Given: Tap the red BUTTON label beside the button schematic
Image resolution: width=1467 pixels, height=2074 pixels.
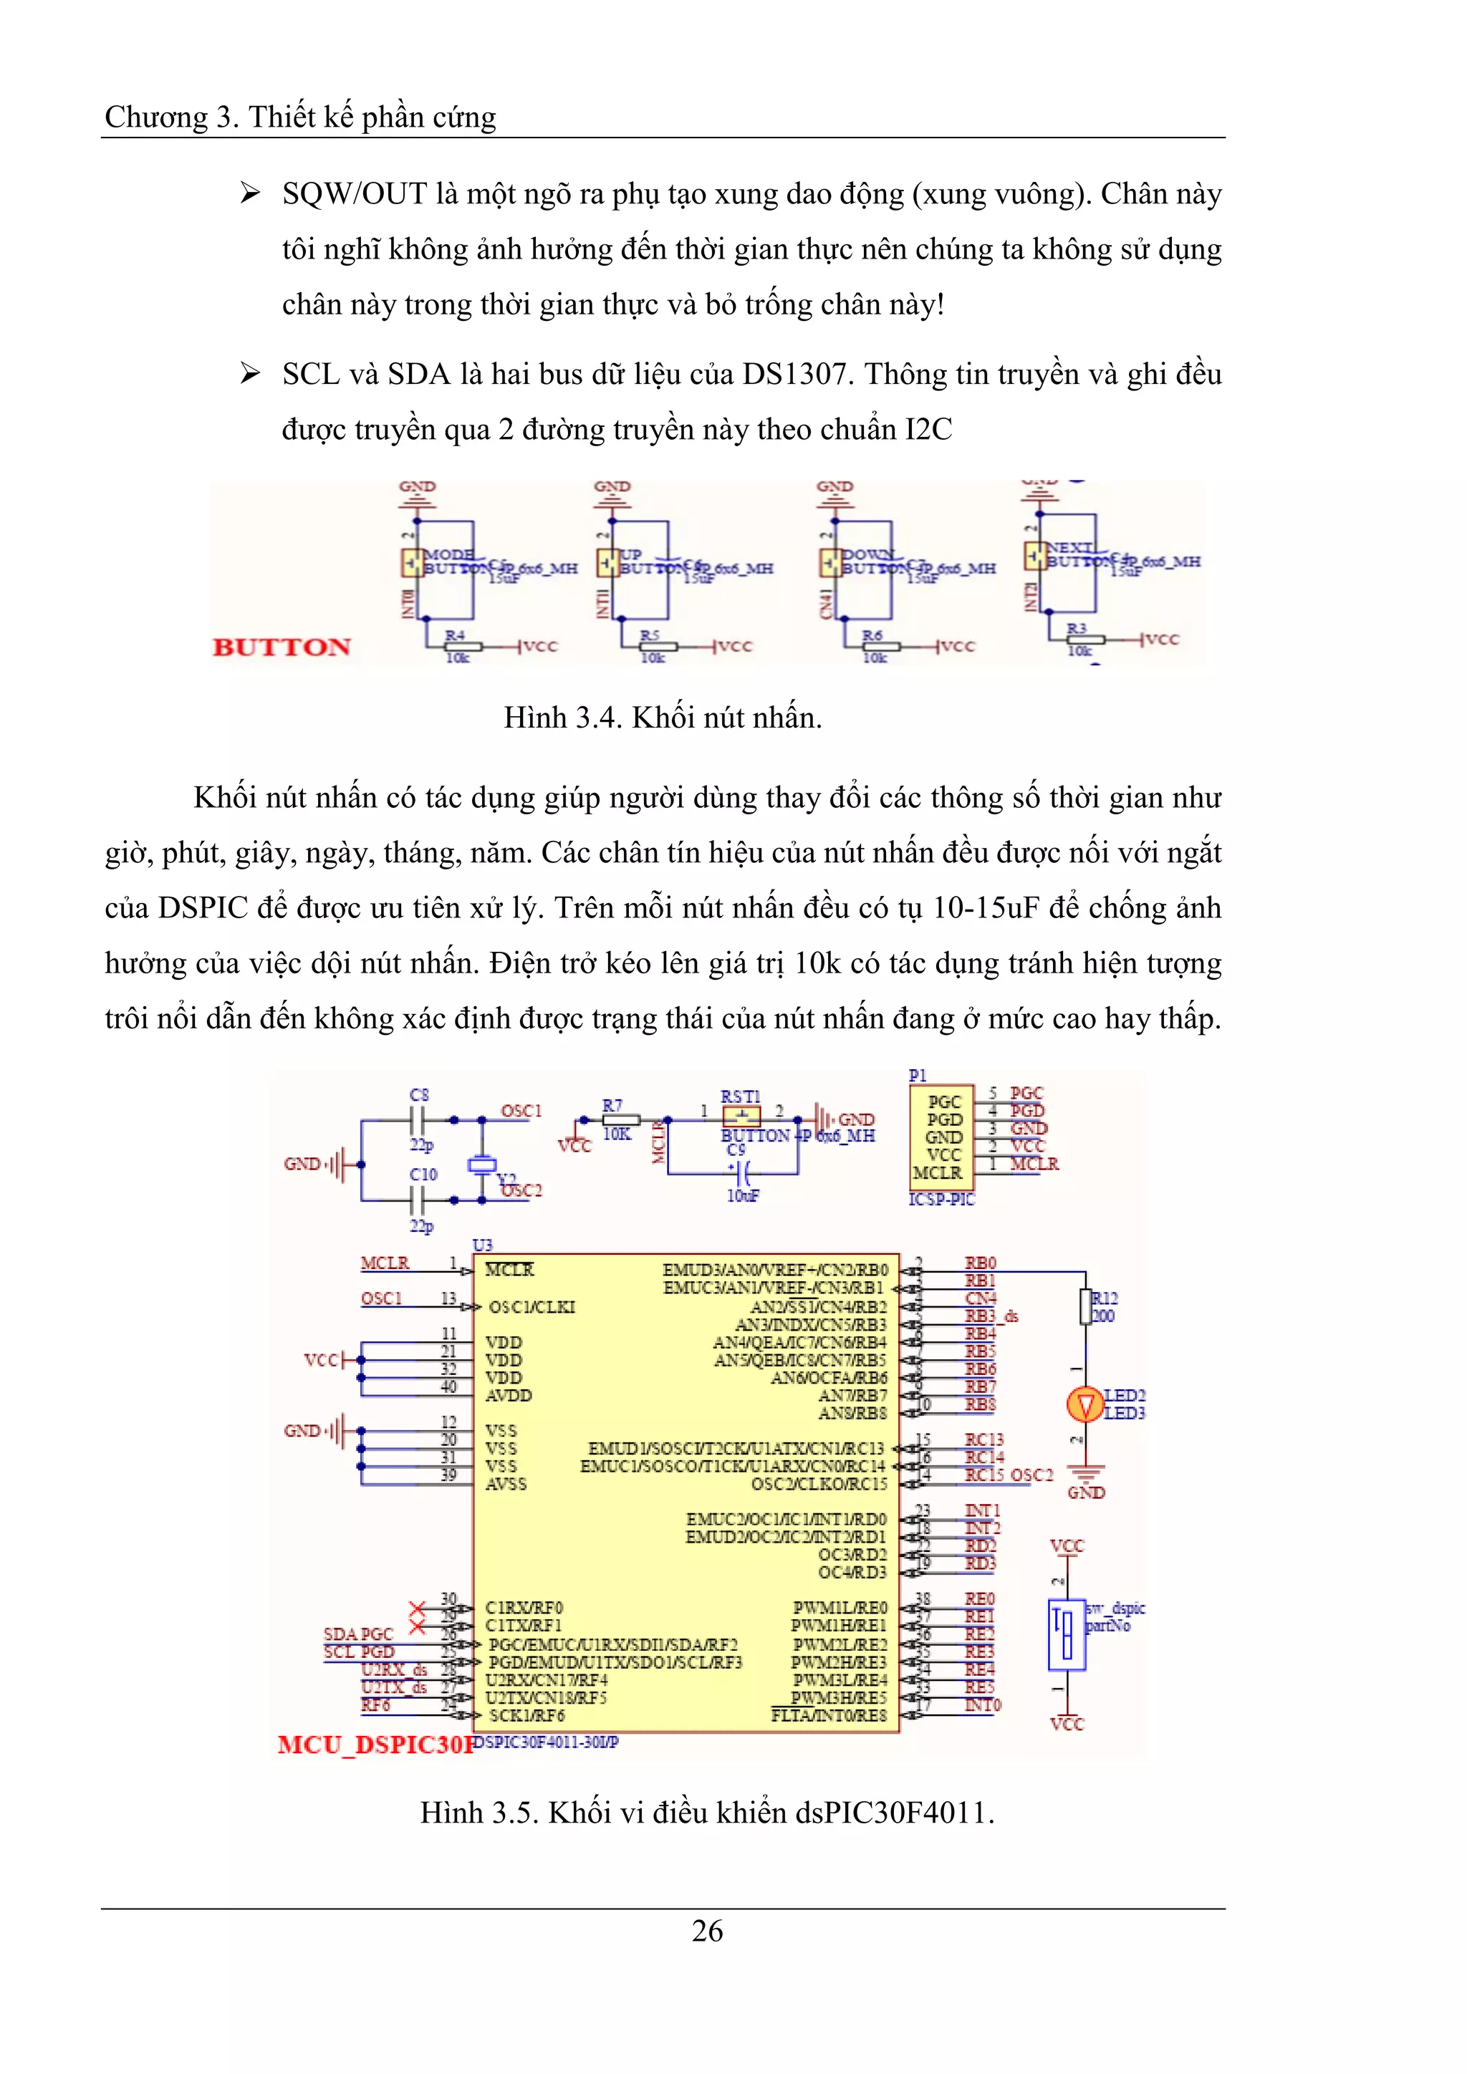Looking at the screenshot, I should (282, 647).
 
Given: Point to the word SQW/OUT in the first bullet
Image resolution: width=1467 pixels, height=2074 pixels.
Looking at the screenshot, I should (354, 193).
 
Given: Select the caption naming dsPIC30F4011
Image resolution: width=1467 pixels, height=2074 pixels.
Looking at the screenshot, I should (706, 1813).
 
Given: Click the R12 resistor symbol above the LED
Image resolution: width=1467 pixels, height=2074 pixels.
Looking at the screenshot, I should (1086, 1306).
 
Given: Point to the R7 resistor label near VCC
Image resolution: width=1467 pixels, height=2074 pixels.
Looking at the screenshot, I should (612, 1105).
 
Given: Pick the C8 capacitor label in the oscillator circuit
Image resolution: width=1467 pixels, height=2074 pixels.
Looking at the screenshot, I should (419, 1095).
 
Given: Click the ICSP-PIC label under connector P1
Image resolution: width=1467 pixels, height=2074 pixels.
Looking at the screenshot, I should (941, 1199).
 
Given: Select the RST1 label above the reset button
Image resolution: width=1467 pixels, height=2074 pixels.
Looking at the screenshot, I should (740, 1096).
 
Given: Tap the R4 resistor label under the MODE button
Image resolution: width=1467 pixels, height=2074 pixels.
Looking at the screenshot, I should (454, 636).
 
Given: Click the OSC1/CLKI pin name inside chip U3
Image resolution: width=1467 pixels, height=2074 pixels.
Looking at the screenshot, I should (532, 1307).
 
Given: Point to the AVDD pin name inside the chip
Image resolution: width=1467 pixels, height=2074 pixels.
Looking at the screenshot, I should (509, 1396).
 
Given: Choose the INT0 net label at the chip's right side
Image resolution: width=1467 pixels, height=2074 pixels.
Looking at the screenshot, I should (983, 1704).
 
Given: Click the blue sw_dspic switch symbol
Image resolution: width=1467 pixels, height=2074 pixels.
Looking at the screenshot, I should (1066, 1636).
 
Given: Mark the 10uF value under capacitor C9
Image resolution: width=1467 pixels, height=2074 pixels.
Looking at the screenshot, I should (743, 1195).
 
